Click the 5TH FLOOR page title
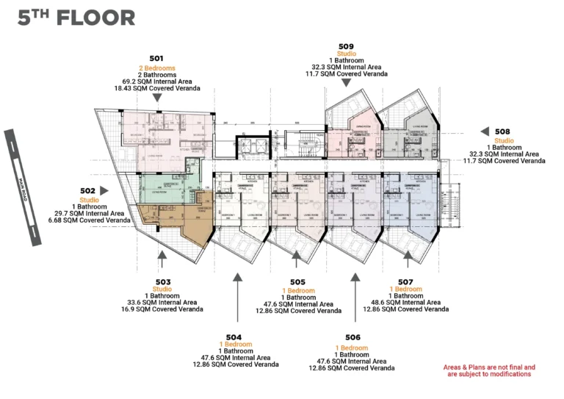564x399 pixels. pos(76,18)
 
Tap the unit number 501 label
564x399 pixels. pos(156,58)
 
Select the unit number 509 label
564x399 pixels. pos(346,45)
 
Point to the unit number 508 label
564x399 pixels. pos(502,132)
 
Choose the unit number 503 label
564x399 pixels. pos(162,281)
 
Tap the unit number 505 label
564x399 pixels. pos(297,282)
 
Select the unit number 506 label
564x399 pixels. pos(352,339)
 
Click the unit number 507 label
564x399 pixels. pos(405,281)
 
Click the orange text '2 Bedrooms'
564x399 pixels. pos(156,68)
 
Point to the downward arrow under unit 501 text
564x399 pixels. pos(156,97)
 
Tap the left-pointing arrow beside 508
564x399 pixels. pos(485,131)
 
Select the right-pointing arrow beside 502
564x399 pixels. pos(104,191)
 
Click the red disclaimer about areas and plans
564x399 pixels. pos(489,370)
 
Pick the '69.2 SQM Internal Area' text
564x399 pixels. pos(156,81)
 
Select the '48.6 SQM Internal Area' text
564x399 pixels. pos(405,303)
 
